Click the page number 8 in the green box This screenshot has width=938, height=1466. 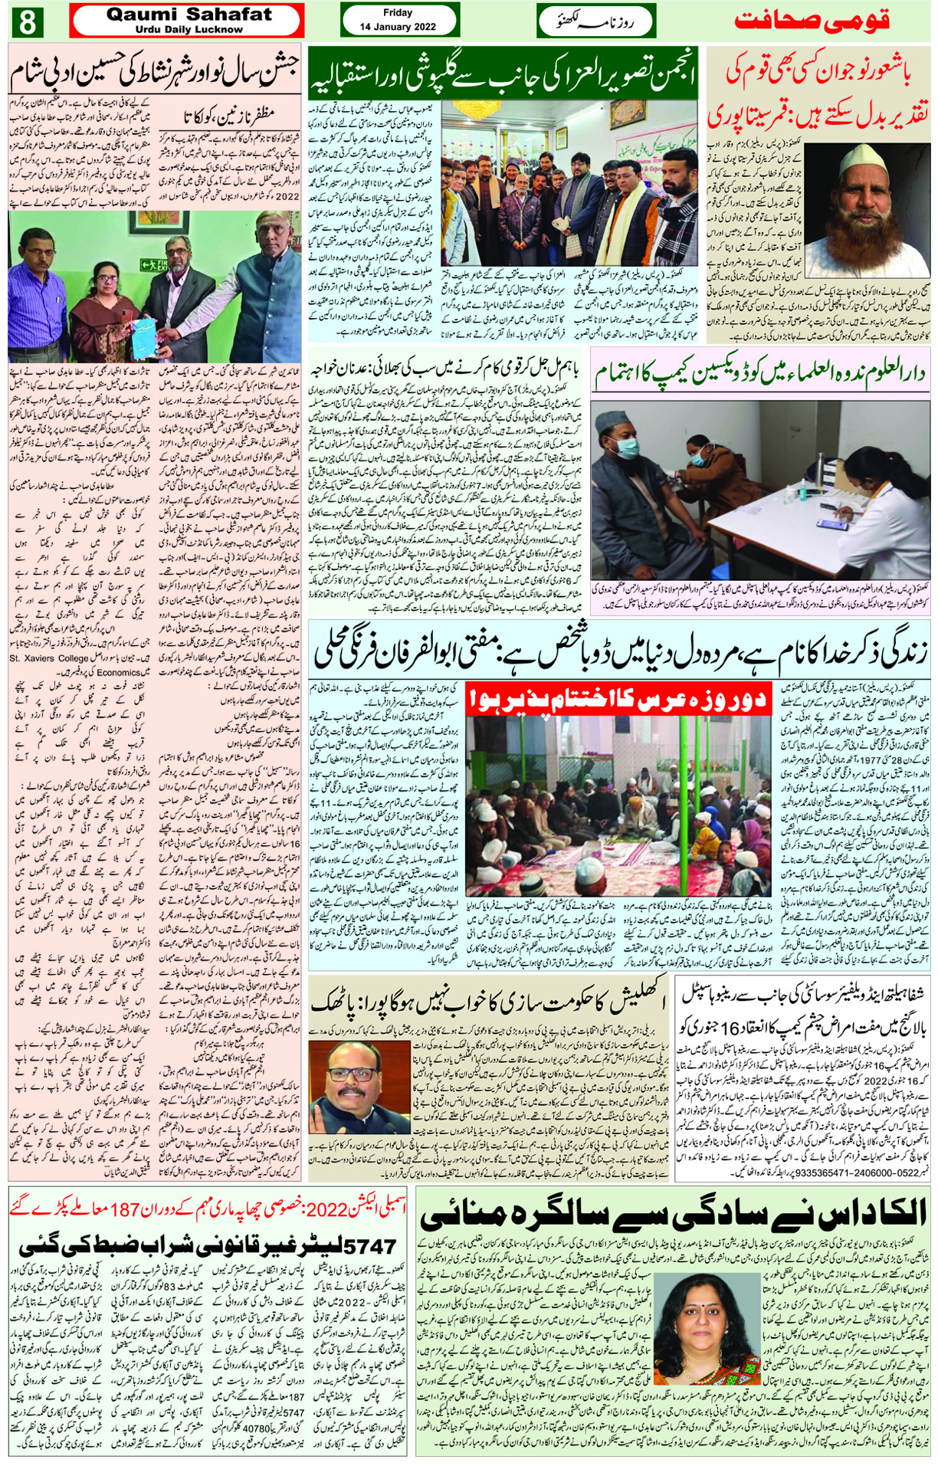click(x=26, y=21)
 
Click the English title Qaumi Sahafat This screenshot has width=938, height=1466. click(x=189, y=15)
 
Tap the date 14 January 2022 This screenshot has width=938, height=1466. click(x=398, y=27)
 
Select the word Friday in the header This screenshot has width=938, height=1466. click(x=397, y=12)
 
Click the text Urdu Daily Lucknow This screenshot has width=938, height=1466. click(x=189, y=30)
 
